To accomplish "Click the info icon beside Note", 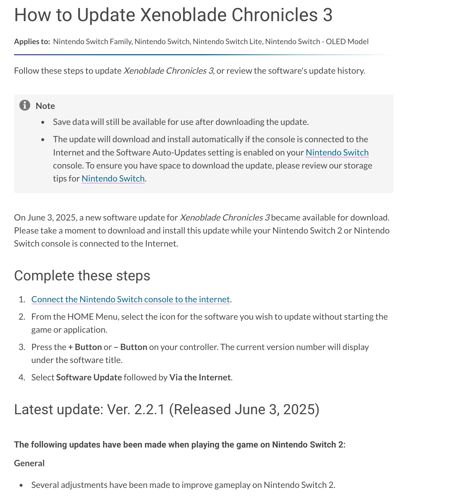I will click(25, 105).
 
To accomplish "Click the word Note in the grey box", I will click(45, 106).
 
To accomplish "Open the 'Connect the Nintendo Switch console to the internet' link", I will click(130, 299).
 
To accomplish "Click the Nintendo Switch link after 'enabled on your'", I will click(337, 153).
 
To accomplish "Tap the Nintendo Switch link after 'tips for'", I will click(113, 179).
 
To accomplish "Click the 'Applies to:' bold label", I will click(32, 41).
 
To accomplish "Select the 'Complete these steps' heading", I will click(82, 276).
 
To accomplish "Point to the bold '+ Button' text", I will click(85, 347).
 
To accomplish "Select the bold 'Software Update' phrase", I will click(89, 377).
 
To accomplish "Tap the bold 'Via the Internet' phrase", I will click(200, 377).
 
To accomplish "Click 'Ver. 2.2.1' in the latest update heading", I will click(136, 409).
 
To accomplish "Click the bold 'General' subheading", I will click(29, 463).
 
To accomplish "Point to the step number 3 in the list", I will click(22, 347).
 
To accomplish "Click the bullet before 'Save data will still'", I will click(43, 122).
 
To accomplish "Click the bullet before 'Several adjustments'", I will click(21, 485).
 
